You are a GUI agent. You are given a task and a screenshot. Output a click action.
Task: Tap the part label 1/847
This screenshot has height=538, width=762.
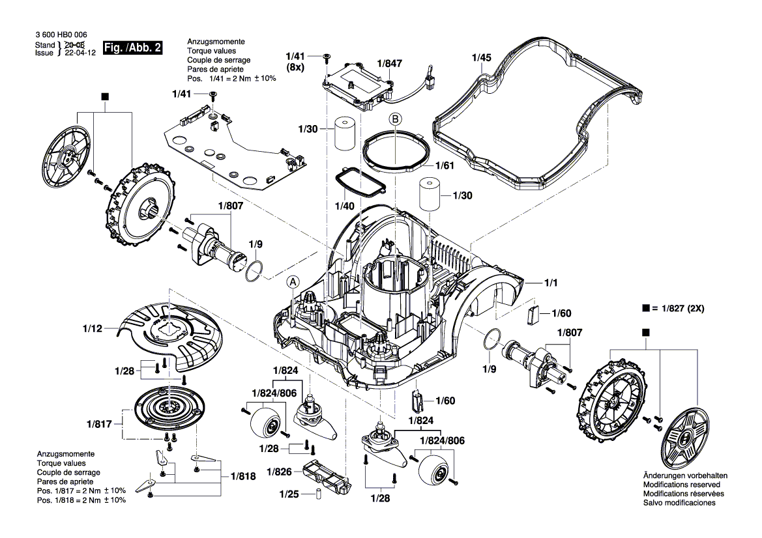click(390, 64)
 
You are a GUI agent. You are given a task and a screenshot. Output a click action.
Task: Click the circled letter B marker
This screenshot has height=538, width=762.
click(396, 119)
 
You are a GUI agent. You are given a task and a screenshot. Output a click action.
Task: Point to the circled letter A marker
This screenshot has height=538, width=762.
click(293, 281)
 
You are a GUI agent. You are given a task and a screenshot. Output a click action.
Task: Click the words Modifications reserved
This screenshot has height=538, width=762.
click(681, 485)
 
